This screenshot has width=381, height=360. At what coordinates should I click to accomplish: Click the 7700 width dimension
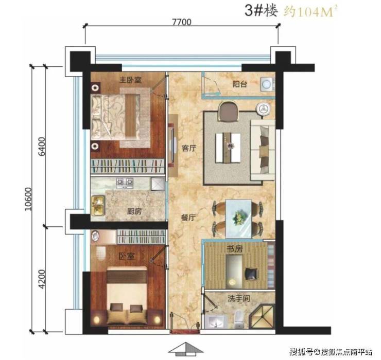182,22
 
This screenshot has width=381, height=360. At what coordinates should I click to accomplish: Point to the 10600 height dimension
28,199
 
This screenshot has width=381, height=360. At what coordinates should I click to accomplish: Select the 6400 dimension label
42,147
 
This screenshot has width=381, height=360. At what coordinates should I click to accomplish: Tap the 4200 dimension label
42,279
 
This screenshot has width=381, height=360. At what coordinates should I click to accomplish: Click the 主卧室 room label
130,80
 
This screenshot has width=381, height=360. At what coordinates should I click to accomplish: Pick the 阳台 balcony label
240,84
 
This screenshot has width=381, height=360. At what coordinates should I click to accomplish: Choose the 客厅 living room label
189,148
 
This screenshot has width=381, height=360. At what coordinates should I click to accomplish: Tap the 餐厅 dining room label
188,218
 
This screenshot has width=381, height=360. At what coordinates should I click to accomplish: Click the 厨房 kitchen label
134,211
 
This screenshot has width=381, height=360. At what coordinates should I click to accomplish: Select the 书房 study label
234,248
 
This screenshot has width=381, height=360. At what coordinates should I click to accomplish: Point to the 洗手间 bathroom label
239,298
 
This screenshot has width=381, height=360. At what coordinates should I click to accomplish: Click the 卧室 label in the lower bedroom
126,256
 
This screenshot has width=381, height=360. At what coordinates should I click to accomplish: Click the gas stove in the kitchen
125,183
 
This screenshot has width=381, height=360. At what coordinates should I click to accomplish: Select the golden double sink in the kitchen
98,205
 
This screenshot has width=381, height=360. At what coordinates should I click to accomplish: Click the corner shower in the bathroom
263,316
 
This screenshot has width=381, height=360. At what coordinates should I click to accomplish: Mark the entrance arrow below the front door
186,348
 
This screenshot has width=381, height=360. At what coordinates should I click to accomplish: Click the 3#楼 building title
261,11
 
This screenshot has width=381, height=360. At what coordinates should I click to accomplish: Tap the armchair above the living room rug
229,111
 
